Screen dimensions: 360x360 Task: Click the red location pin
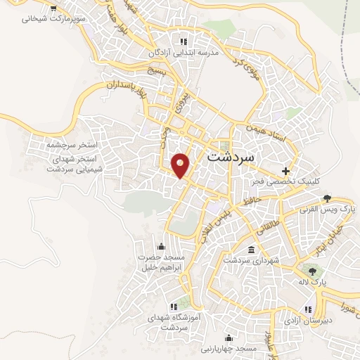[181, 165]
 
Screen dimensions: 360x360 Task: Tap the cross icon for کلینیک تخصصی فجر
[285, 171]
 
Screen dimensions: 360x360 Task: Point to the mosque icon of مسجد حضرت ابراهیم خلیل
[162, 245]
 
